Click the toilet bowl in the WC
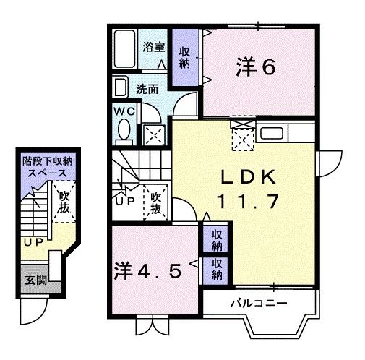(x=124, y=130)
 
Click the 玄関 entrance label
(x=32, y=280)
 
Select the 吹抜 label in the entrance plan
(x=64, y=202)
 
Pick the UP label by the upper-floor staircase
(x=124, y=202)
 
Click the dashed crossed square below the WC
(x=153, y=133)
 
